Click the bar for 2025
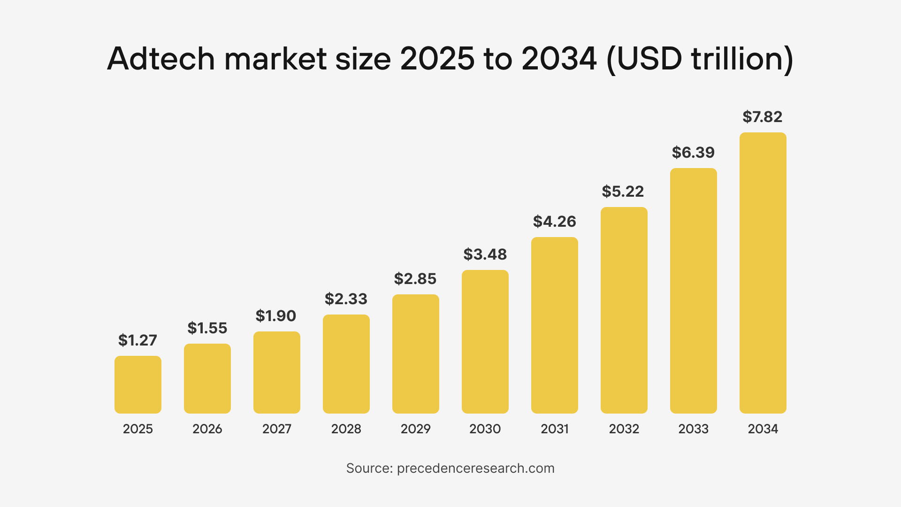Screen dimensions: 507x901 138,384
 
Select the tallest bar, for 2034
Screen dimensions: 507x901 763,273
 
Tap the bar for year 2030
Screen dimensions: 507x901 485,341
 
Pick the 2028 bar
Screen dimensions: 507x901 346,364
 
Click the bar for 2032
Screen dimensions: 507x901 624,310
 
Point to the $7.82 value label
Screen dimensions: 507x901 763,117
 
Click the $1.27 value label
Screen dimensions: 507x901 137,340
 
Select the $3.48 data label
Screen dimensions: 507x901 485,254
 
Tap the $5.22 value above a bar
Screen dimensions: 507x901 623,192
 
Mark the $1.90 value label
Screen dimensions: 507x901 276,316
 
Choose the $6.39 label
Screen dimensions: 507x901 693,153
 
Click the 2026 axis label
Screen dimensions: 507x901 207,429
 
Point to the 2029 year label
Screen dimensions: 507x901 416,429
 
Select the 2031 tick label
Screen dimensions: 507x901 555,429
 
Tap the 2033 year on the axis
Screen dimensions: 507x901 694,429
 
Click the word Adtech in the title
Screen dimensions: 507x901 160,59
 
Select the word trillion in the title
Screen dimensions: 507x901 734,59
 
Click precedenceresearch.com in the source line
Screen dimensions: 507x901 476,469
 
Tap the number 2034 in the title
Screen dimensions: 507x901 559,59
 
